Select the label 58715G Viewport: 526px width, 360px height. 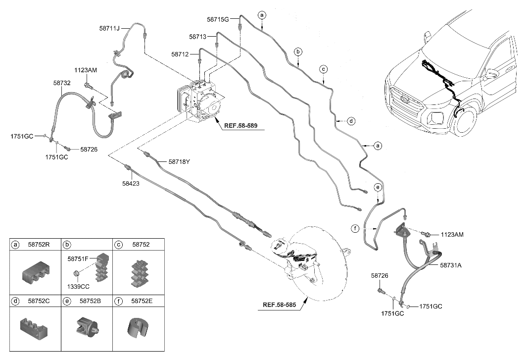click(218, 20)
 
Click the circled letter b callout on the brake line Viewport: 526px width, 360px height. click(298, 51)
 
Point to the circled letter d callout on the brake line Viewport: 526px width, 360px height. click(351, 120)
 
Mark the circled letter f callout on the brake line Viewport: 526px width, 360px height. click(355, 228)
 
